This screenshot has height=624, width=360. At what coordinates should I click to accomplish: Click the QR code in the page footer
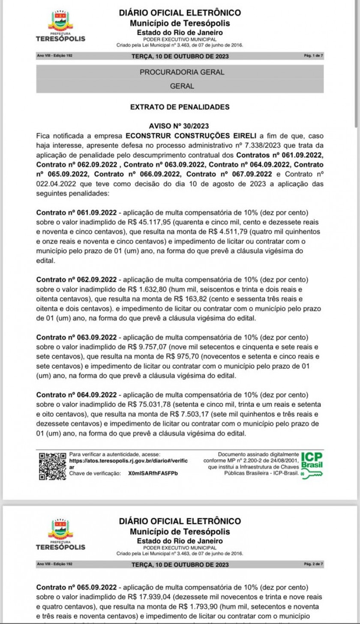pos(52,466)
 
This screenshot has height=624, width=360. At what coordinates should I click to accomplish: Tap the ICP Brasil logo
pos(312,466)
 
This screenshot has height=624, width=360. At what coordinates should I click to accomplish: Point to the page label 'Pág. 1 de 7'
pos(313,56)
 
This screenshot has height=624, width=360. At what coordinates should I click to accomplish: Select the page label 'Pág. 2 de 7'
pos(313,564)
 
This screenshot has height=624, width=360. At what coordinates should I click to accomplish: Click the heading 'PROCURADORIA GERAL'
pos(182,72)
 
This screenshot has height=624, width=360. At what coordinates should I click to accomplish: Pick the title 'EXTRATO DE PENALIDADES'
pos(180,107)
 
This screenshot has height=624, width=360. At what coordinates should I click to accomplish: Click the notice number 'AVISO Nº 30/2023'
pos(179,126)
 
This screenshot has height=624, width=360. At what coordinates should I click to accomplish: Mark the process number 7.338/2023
pos(243,145)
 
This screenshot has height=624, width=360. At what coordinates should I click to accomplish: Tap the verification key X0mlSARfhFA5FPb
pos(153,474)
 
